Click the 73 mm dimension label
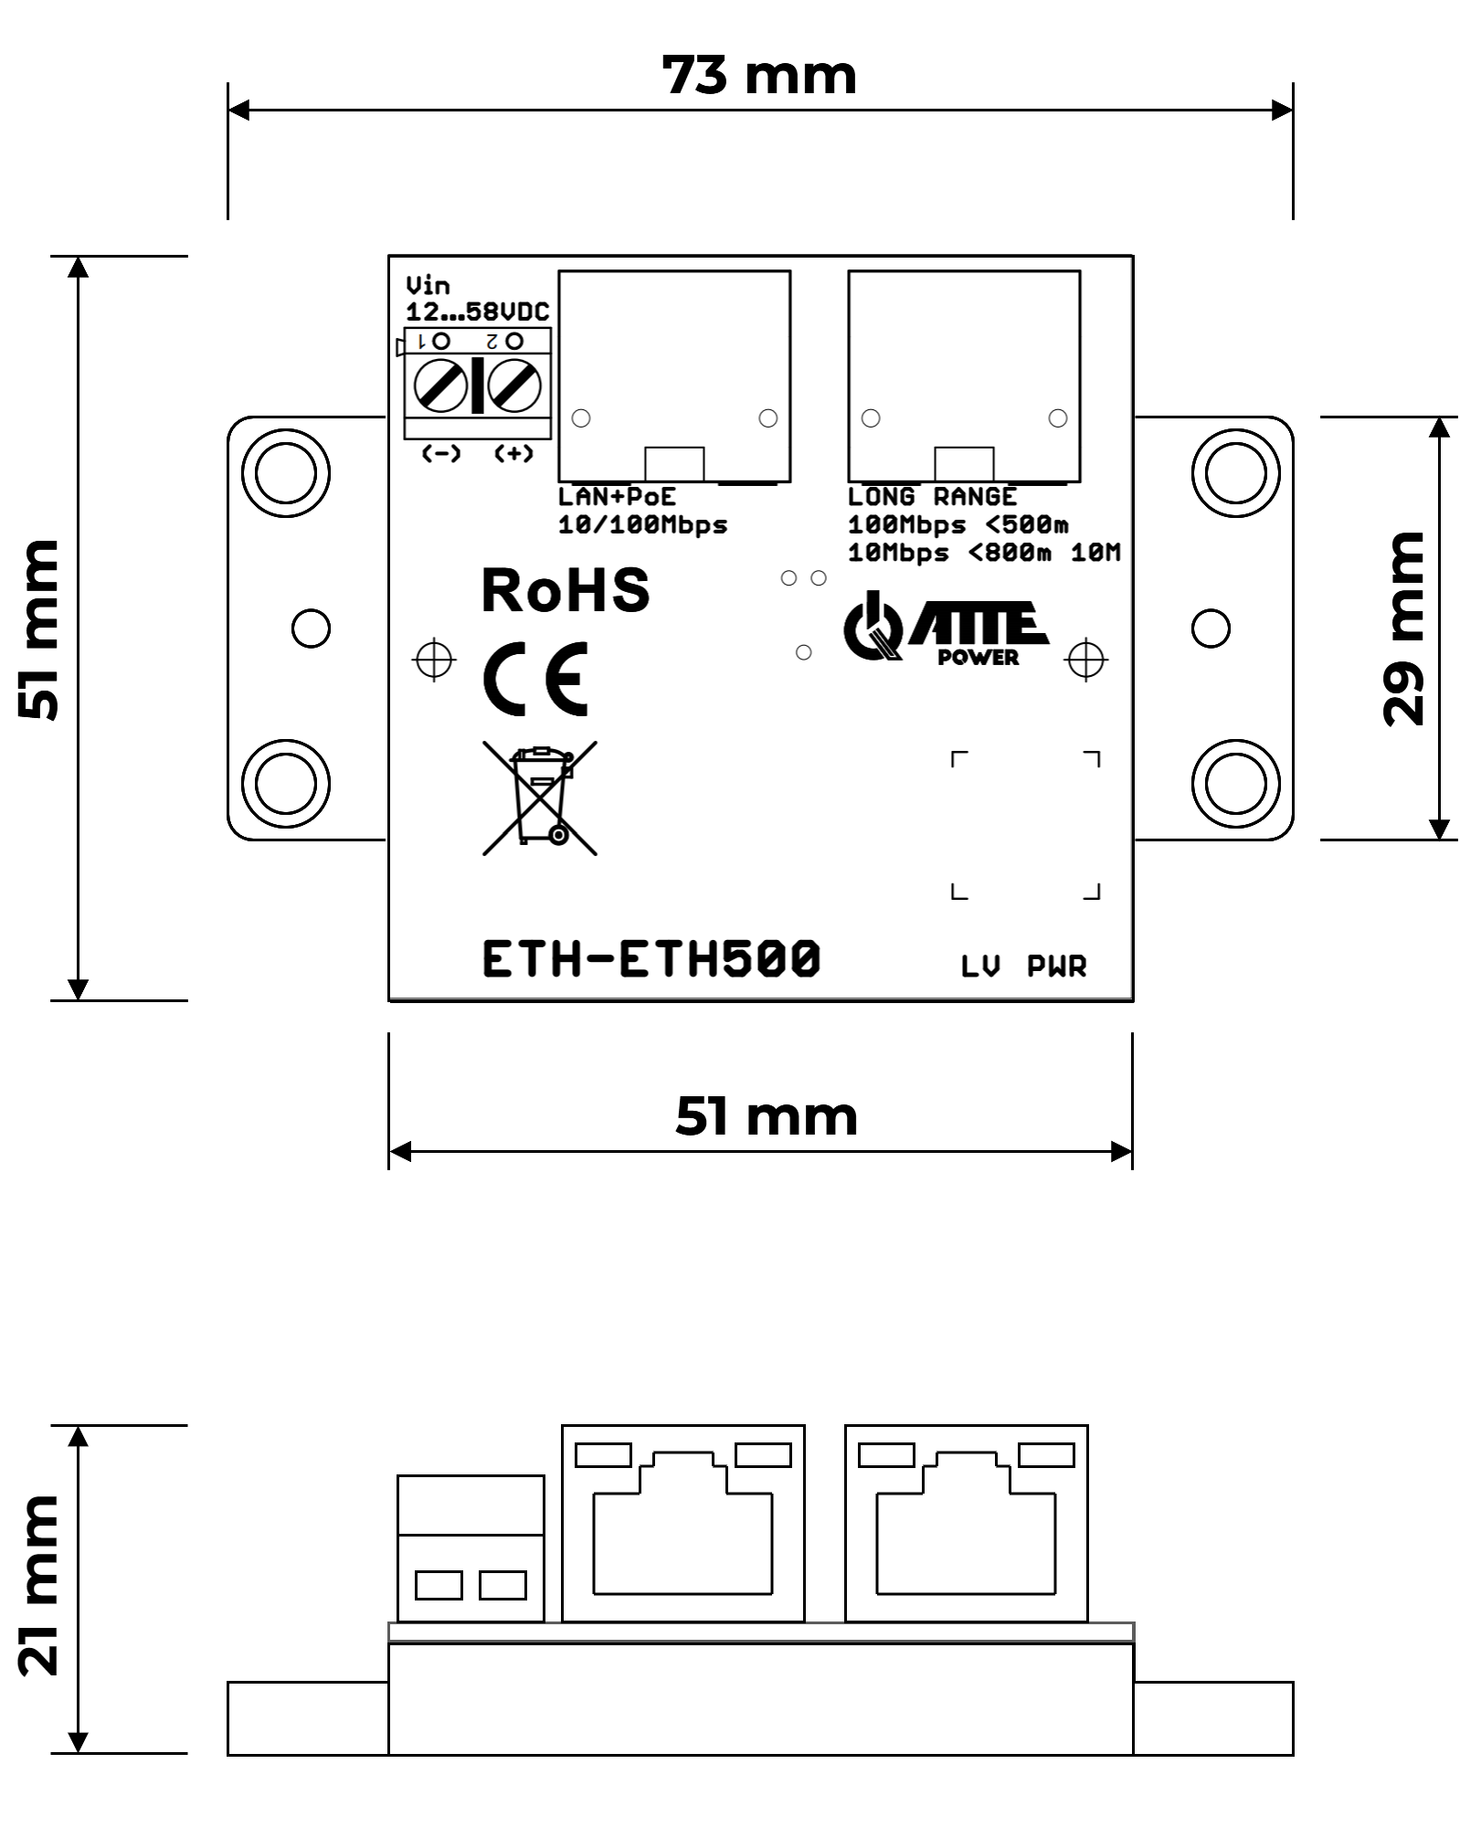(x=759, y=75)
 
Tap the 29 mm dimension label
(x=1403, y=629)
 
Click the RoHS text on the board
(x=566, y=591)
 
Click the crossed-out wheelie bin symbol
(x=540, y=798)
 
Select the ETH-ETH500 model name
(x=651, y=960)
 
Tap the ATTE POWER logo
(x=945, y=629)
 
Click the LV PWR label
(x=1023, y=966)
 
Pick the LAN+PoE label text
(x=617, y=497)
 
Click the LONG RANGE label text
(x=932, y=497)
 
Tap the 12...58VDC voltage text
(x=477, y=312)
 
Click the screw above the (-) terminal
(x=441, y=386)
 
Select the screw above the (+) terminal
(x=513, y=386)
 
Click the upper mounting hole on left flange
(x=286, y=473)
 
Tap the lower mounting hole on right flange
(x=1235, y=783)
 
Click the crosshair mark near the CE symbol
(x=435, y=659)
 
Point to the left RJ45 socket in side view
(x=682, y=1523)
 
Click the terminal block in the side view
(x=471, y=1548)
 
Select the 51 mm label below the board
(x=766, y=1116)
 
